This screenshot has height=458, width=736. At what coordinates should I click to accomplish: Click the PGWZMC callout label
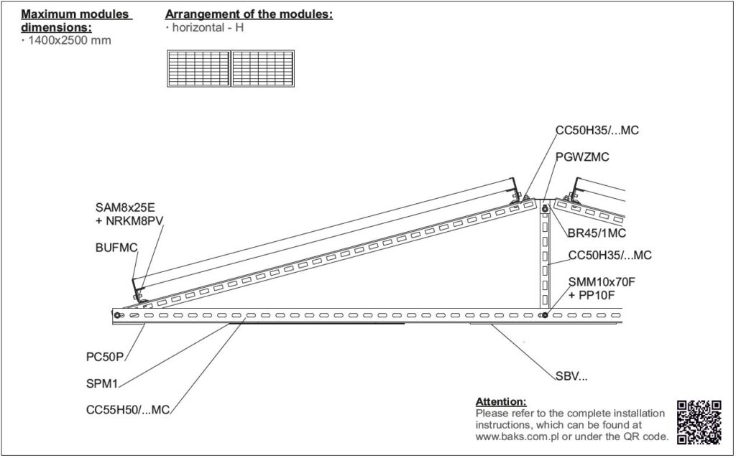coord(582,157)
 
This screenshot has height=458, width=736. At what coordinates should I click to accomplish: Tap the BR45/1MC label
coord(597,233)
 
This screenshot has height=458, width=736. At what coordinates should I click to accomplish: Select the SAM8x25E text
coord(124,207)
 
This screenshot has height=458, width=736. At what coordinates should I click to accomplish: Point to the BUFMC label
coord(116,248)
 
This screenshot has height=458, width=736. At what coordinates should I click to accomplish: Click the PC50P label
coord(105,357)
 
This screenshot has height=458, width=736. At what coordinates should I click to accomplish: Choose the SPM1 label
coord(102,384)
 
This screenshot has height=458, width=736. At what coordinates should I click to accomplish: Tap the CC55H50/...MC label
coord(128,410)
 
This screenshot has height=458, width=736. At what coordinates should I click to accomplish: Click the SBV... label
coord(571,376)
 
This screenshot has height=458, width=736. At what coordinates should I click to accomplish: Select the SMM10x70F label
coord(602,282)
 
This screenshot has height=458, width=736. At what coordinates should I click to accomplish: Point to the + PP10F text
coord(592,295)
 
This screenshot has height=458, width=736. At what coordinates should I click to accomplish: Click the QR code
coord(699,422)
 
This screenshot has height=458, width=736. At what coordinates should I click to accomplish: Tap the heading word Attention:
coord(501,402)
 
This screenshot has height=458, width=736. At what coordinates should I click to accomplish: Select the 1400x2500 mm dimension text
coord(70,40)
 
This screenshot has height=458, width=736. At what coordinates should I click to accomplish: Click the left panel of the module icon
coord(199,68)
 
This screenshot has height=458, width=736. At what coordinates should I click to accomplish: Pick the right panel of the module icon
coord(263,68)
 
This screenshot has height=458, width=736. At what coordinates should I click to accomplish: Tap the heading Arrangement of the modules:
coord(249,14)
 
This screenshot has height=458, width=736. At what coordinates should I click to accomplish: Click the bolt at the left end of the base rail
coord(117,315)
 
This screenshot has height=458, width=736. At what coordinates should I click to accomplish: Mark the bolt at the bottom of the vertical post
coord(545,315)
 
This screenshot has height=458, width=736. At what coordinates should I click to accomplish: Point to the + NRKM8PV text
coord(129,220)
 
